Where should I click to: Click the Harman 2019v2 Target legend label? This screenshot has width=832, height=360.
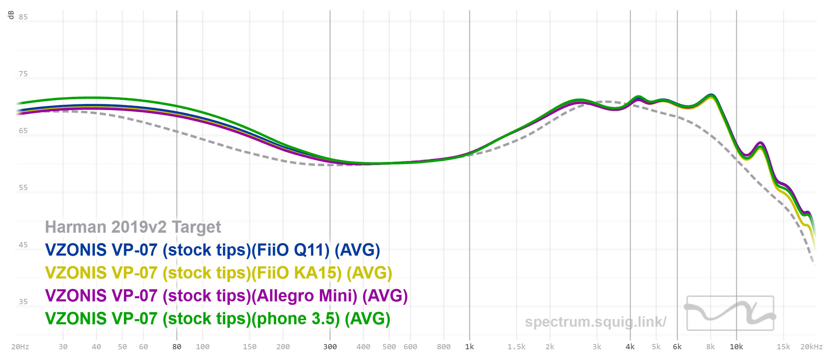[133, 227]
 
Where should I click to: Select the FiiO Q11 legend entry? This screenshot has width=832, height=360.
[213, 250]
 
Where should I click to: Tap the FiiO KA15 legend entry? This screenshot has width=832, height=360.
[218, 273]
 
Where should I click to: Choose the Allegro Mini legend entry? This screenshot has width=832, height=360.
[226, 296]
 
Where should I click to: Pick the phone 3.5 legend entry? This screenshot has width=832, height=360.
[217, 319]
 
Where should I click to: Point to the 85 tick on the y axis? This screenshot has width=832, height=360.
[23, 17]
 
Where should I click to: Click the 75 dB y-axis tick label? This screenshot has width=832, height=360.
[23, 74]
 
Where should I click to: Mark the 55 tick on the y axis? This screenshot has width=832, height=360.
[23, 188]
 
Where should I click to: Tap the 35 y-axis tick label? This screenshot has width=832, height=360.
[23, 302]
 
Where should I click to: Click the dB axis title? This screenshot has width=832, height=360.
[11, 15]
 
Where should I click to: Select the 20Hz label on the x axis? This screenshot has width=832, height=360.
[20, 347]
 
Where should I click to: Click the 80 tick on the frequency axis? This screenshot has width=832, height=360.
[177, 347]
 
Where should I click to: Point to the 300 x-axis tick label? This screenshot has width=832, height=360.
[330, 347]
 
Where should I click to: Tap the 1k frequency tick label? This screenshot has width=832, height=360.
[469, 347]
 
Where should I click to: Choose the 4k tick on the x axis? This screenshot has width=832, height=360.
[630, 347]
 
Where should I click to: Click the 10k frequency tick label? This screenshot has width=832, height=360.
[736, 347]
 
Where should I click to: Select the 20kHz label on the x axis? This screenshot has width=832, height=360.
[811, 347]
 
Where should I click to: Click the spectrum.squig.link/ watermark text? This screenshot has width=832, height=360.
[595, 322]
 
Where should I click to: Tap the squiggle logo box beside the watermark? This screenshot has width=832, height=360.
[730, 313]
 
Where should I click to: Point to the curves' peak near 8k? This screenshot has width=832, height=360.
[711, 95]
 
